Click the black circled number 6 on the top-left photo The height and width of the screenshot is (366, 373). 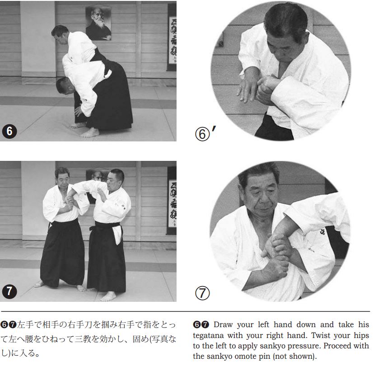9,131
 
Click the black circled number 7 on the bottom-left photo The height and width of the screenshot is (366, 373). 9,291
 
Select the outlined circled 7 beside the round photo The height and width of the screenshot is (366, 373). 202,293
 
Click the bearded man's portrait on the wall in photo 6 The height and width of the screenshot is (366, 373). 98,23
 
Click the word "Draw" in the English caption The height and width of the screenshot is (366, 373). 224,324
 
